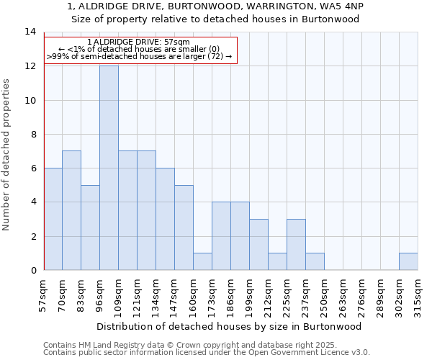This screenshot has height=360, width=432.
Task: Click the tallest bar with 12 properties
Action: [x=109, y=168]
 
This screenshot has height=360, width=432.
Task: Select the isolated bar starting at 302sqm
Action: [x=408, y=261]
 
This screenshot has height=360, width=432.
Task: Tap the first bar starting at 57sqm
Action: [x=53, y=219]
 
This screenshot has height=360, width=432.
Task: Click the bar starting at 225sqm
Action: [x=296, y=245]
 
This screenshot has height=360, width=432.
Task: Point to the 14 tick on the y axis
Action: [x=30, y=32]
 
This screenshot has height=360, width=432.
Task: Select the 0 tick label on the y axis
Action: [x=32, y=271]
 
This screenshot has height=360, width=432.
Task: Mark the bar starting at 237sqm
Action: [x=315, y=261]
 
